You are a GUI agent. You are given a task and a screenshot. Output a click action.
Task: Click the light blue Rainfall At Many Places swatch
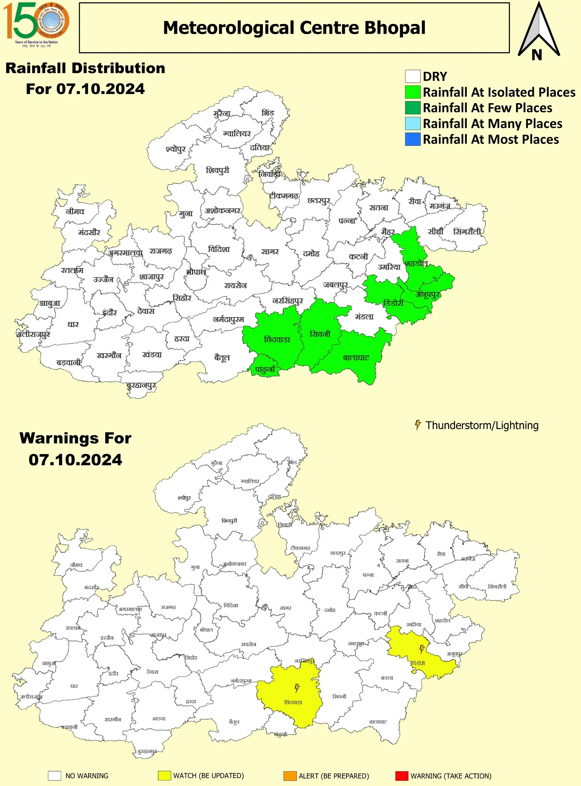click(x=412, y=123)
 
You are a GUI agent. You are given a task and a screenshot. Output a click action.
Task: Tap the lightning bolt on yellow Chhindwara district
click(x=297, y=687)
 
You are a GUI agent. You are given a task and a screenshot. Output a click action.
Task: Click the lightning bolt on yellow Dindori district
click(x=422, y=649)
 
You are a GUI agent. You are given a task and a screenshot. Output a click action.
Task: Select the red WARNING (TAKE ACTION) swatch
click(x=402, y=776)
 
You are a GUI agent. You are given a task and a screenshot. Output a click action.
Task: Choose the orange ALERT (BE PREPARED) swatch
click(x=290, y=776)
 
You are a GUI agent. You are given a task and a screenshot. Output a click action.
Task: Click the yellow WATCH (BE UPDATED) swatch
click(x=164, y=776)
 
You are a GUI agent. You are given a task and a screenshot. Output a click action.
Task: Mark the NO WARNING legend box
click(x=55, y=776)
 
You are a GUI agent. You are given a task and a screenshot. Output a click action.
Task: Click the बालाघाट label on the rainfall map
click(x=356, y=358)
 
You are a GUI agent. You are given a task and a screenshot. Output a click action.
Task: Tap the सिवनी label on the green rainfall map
click(x=320, y=334)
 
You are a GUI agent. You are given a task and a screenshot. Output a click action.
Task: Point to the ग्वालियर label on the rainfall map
click(x=237, y=134)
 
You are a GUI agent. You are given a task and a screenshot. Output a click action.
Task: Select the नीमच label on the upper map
click(x=75, y=211)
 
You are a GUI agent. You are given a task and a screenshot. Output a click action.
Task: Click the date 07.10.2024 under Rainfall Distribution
click(x=85, y=89)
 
